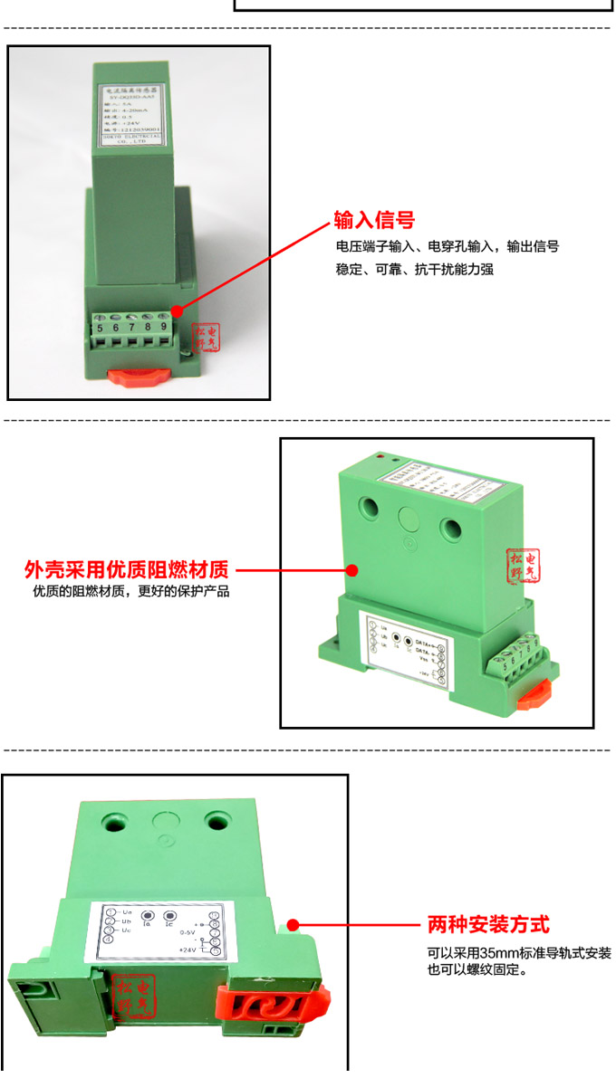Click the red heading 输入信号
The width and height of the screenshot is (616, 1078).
[x=374, y=220]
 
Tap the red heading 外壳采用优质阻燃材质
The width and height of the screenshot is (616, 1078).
[x=126, y=571]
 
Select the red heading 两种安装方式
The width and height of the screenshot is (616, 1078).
[x=488, y=925]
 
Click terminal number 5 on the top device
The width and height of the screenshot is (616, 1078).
[x=100, y=327]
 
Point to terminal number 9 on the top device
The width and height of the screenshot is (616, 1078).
[x=163, y=327]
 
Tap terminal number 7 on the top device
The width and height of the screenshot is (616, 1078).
[x=131, y=327]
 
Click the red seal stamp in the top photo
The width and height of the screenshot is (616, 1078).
[x=207, y=340]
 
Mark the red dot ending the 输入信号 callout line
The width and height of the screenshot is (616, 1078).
[x=177, y=310]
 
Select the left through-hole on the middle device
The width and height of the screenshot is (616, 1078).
[x=368, y=508]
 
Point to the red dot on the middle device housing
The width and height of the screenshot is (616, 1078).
[x=351, y=571]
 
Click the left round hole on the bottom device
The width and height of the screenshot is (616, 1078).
[x=115, y=822]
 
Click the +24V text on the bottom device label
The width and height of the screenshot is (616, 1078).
[x=188, y=949]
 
